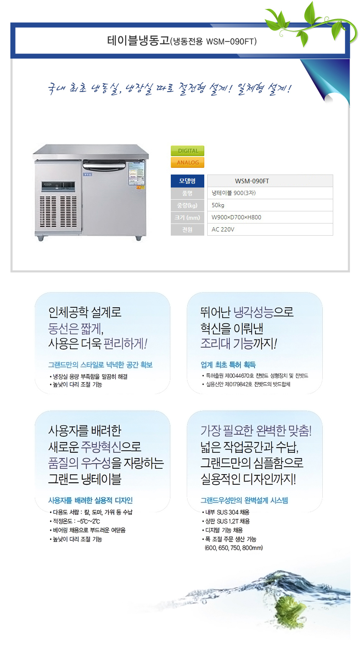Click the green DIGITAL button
pos(188,151)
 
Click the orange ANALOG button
pos(188,162)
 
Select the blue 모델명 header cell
pos(187,181)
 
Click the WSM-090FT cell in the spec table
pos(270,181)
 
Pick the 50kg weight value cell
pos(270,205)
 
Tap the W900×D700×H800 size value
pos(236,217)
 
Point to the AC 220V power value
pos(223,229)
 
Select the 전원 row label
pos(187,229)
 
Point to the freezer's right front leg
pos(139,238)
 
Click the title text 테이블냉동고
pos(138,40)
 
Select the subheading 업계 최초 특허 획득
pos(228,365)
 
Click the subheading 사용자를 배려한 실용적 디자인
pos(90,500)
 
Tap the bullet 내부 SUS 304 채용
pos(226,512)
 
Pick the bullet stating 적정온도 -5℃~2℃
pos(75,521)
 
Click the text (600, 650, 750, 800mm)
pos(234,548)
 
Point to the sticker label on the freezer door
pos(136,173)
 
